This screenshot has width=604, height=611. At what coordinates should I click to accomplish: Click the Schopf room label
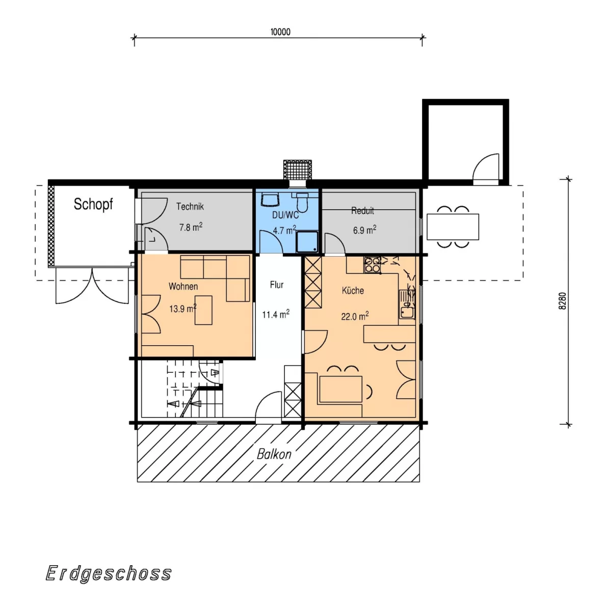pos(93,205)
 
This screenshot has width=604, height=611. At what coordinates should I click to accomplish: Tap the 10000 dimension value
pos(280,32)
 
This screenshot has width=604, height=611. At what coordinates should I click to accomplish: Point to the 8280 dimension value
pos(562,301)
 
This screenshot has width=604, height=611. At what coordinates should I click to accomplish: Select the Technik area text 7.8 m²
pos(191,227)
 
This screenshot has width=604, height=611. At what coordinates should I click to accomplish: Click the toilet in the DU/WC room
pos(302,202)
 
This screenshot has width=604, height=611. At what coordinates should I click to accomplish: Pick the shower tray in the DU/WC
pos(307,242)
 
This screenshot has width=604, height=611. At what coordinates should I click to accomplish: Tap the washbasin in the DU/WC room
pos(270,200)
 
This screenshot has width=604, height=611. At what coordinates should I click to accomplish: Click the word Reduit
pos(362,211)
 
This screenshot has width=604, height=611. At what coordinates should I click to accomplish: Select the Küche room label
pos(353,290)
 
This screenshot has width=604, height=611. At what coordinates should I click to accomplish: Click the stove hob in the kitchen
pos(372,265)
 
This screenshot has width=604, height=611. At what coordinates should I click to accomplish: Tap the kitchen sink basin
pos(406,313)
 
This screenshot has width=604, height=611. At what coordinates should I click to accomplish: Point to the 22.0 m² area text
pos(355,316)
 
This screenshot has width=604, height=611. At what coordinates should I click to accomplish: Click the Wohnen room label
pos(183,287)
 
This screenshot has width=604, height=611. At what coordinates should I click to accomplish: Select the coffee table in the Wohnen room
pos(203,310)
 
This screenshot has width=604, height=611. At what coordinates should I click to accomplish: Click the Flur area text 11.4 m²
pos(276,314)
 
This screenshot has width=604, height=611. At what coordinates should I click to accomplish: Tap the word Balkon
pos(274,454)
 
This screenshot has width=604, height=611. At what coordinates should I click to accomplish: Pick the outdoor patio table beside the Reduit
pos(453,227)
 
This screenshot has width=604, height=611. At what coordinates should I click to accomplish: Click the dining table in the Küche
pos(341,389)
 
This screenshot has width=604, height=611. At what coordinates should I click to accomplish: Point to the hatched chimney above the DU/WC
pos(297,170)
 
